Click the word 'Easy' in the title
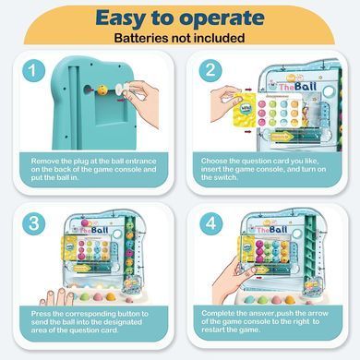pyautogui.click(x=121, y=18)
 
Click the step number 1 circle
pyautogui.click(x=33, y=71)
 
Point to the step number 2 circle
pyautogui.click(x=210, y=70)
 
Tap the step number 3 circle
pyautogui.click(x=33, y=223)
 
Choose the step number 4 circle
pyautogui.click(x=211, y=223)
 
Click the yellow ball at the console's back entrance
pyautogui.click(x=102, y=90)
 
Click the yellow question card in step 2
pyautogui.click(x=245, y=110)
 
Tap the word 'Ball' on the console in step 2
pyautogui.click(x=306, y=87)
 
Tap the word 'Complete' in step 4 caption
pyautogui.click(x=218, y=314)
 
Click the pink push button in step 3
pyautogui.click(x=98, y=296)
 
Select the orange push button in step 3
pyautogui.click(x=111, y=296)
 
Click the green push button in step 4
pyautogui.click(x=262, y=300)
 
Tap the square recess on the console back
pyautogui.click(x=111, y=112)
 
